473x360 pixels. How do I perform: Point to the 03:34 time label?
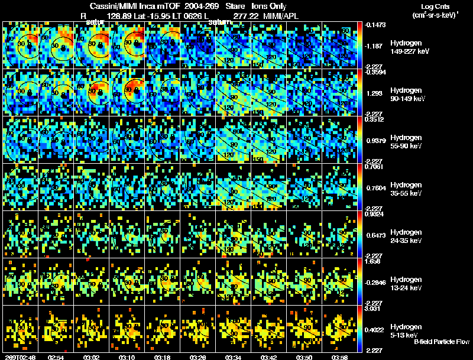[x=232, y=357]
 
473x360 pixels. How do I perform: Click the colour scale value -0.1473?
[x=375, y=25]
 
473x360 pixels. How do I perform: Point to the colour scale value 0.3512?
[x=375, y=119]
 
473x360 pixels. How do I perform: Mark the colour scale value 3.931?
[x=375, y=308]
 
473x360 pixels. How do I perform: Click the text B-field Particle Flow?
[x=442, y=342]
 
